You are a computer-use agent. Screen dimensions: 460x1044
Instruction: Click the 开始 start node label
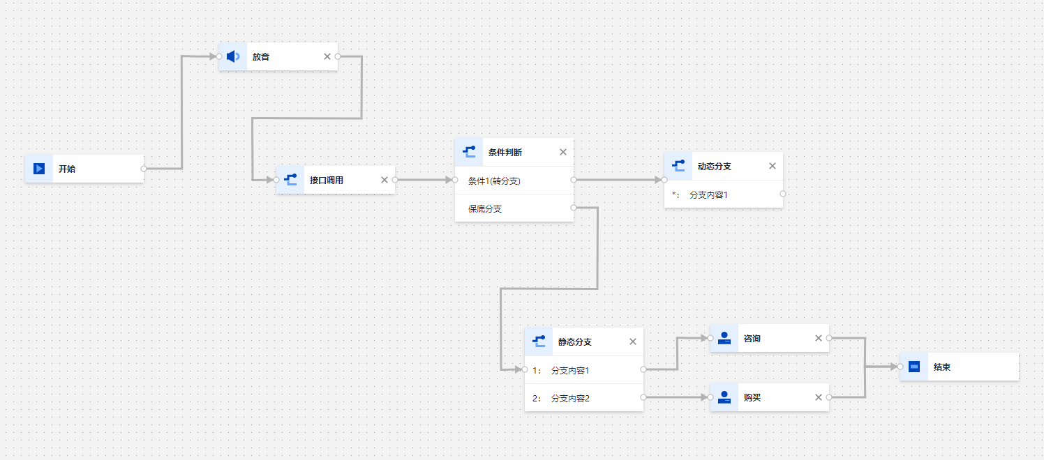click(66, 169)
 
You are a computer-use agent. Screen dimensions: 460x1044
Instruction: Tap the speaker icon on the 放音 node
click(233, 56)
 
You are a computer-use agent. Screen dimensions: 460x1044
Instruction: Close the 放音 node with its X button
click(327, 56)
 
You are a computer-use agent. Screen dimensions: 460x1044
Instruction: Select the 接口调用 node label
click(326, 180)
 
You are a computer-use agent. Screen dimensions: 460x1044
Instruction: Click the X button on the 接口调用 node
click(385, 180)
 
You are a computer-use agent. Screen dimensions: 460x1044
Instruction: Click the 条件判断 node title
click(505, 152)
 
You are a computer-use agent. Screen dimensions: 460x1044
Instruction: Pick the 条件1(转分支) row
click(494, 181)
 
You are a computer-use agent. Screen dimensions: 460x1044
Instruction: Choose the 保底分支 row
click(485, 208)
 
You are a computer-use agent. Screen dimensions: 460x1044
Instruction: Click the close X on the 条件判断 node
click(563, 152)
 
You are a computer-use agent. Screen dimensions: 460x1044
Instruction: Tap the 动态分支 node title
click(714, 167)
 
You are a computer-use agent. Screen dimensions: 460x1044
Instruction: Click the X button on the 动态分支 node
click(773, 166)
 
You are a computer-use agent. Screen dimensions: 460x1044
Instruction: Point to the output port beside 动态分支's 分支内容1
click(783, 194)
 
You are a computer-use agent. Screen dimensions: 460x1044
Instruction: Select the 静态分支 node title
click(574, 342)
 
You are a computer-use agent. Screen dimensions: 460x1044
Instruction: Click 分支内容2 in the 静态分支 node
click(570, 399)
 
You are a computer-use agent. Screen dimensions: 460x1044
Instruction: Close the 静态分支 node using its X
click(633, 342)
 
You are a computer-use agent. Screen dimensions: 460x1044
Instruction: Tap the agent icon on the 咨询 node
click(724, 339)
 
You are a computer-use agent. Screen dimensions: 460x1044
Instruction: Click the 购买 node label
click(752, 397)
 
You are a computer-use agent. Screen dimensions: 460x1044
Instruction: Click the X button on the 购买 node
click(819, 397)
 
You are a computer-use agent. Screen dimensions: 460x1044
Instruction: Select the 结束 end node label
click(941, 367)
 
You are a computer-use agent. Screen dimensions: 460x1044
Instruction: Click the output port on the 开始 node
click(144, 169)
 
